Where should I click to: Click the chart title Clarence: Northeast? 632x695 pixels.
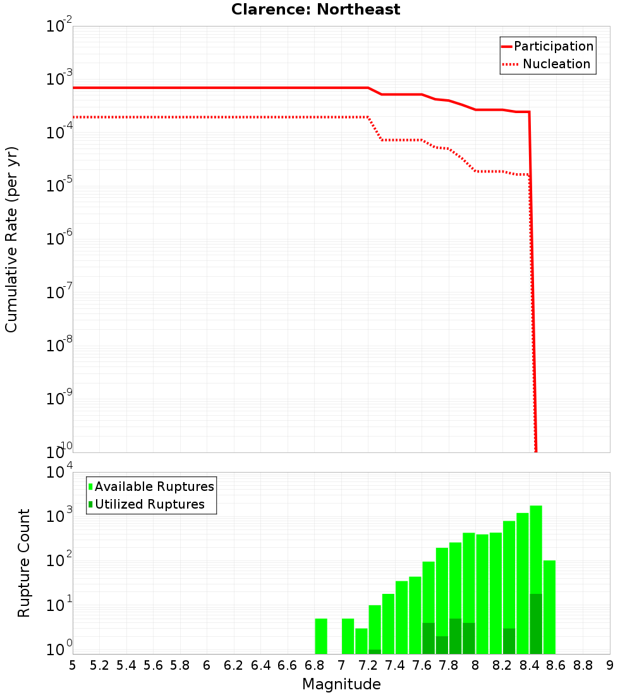[x=315, y=9]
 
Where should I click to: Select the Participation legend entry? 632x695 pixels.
[x=547, y=46]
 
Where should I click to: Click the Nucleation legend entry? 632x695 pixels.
[x=547, y=64]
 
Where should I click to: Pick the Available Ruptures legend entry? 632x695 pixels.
[x=151, y=486]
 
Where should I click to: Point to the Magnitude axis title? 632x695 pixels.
[x=341, y=684]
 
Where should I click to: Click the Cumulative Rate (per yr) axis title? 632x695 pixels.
[x=11, y=239]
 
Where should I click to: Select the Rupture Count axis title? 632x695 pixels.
[x=24, y=563]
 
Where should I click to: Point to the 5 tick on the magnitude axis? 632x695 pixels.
[x=73, y=665]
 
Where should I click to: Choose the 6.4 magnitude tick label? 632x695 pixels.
[x=260, y=665]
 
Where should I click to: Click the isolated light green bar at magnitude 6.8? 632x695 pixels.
[x=321, y=636]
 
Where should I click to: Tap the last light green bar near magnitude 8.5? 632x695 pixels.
[x=549, y=607]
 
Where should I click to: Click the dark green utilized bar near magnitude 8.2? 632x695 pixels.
[x=509, y=641]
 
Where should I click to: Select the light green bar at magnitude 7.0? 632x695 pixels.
[x=348, y=636]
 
